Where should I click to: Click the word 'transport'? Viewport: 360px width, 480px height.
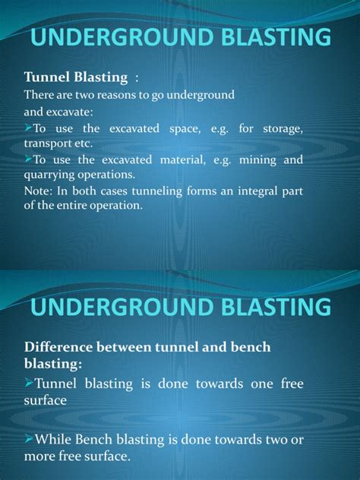[46, 144]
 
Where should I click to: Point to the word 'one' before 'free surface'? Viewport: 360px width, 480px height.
[255, 384]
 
